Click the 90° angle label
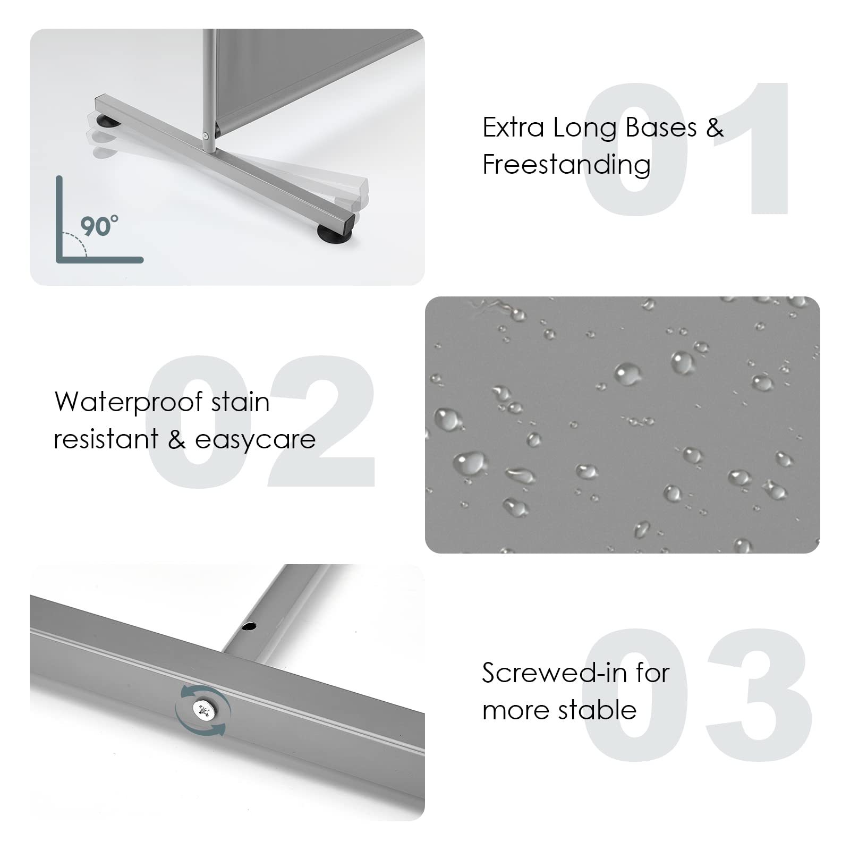point(99,226)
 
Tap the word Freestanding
point(566,165)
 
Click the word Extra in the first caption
point(513,127)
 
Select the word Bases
point(661,127)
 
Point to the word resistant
point(106,439)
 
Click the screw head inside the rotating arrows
point(203,710)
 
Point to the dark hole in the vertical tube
point(248,627)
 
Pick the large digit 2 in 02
point(321,421)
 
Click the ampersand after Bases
point(715,128)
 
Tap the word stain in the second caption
point(241,402)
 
